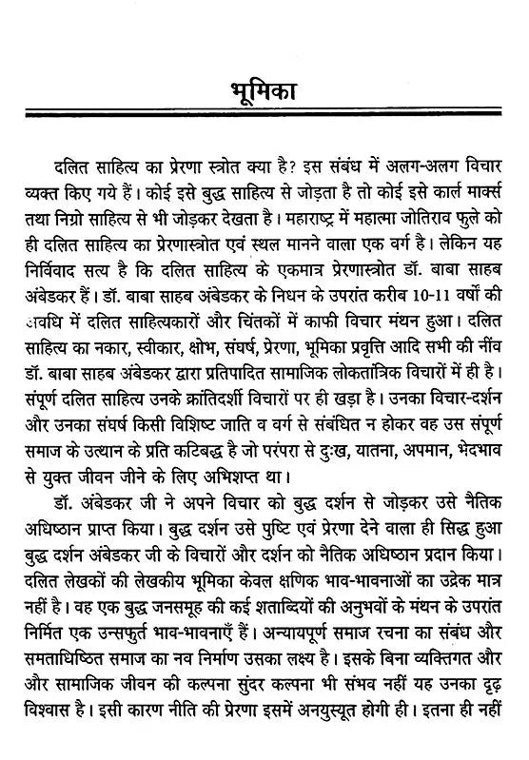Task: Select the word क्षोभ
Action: (x=224, y=338)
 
